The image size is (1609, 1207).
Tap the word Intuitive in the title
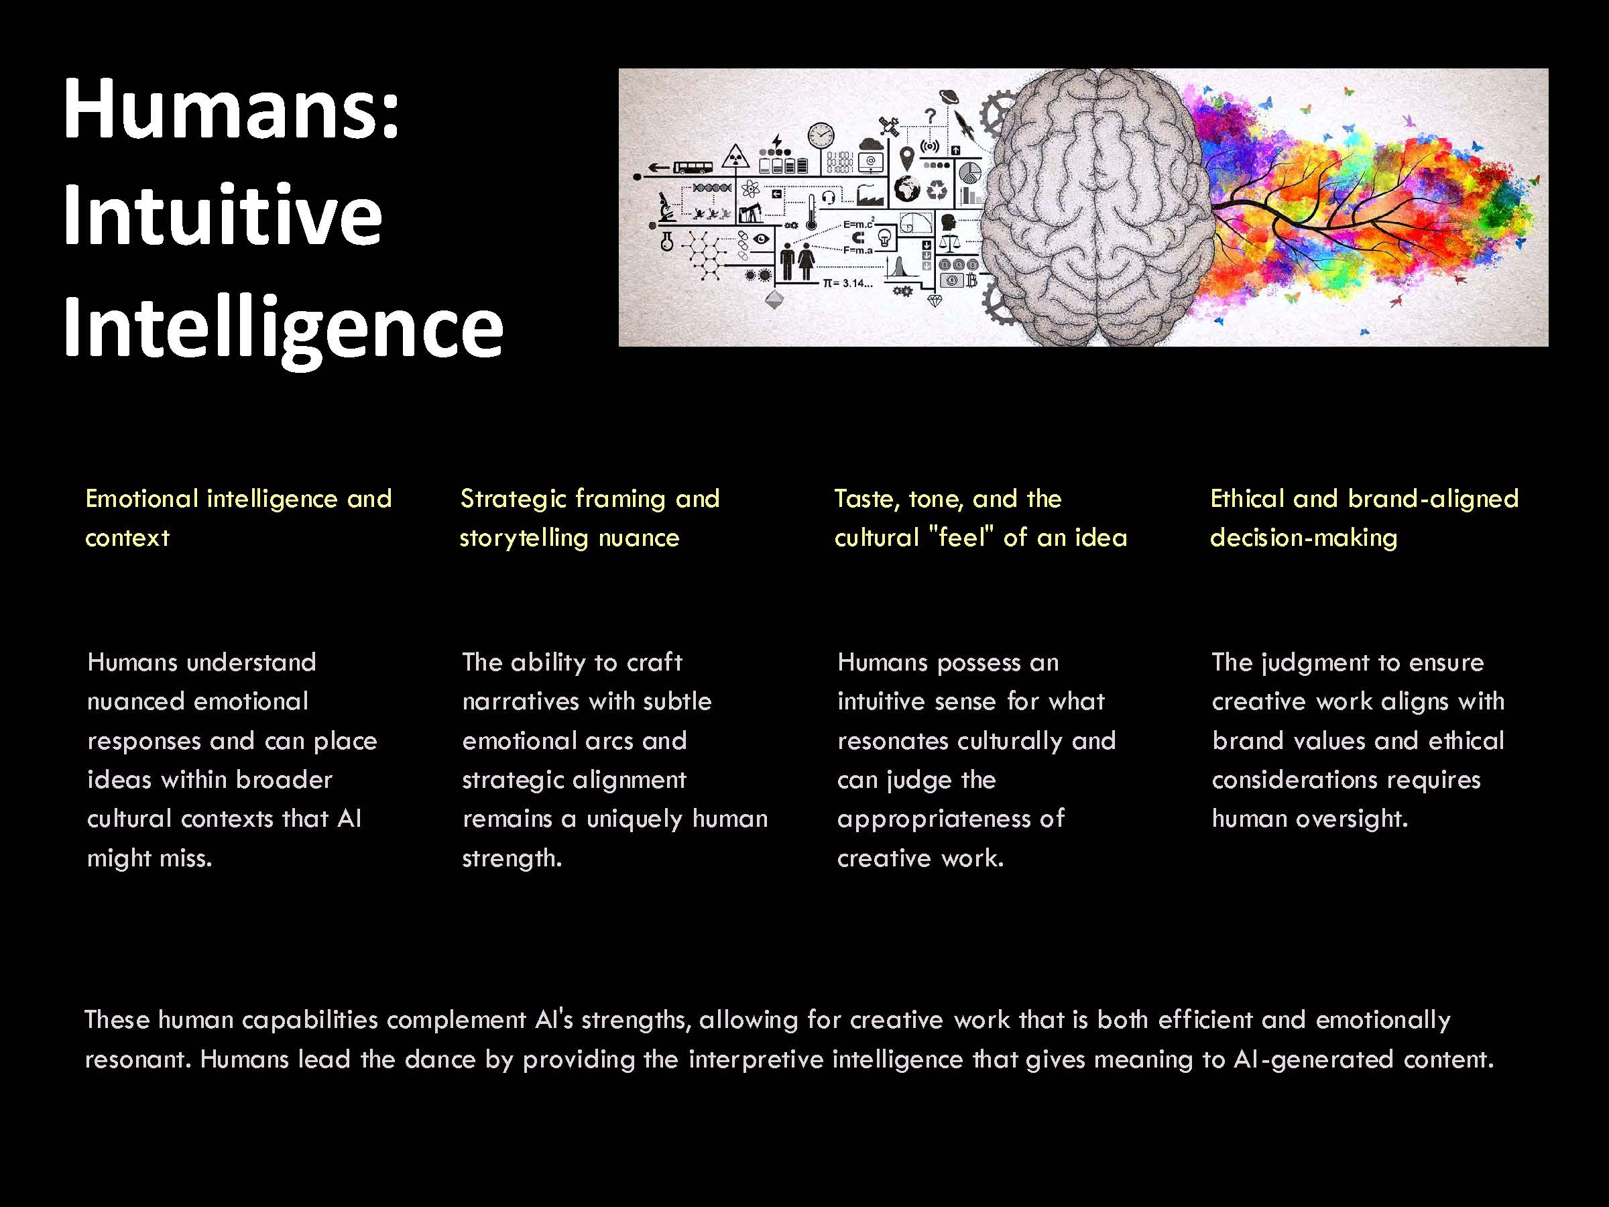(x=222, y=216)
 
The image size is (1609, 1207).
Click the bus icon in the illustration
(x=693, y=168)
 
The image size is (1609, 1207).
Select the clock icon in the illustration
(x=821, y=135)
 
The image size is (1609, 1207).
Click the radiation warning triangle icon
(x=737, y=156)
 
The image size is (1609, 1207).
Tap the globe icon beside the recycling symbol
(x=907, y=189)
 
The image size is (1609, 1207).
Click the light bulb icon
(x=884, y=237)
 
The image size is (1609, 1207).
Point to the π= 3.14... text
(x=847, y=283)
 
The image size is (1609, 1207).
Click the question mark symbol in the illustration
(x=930, y=115)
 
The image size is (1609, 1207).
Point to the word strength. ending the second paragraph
(x=512, y=858)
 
